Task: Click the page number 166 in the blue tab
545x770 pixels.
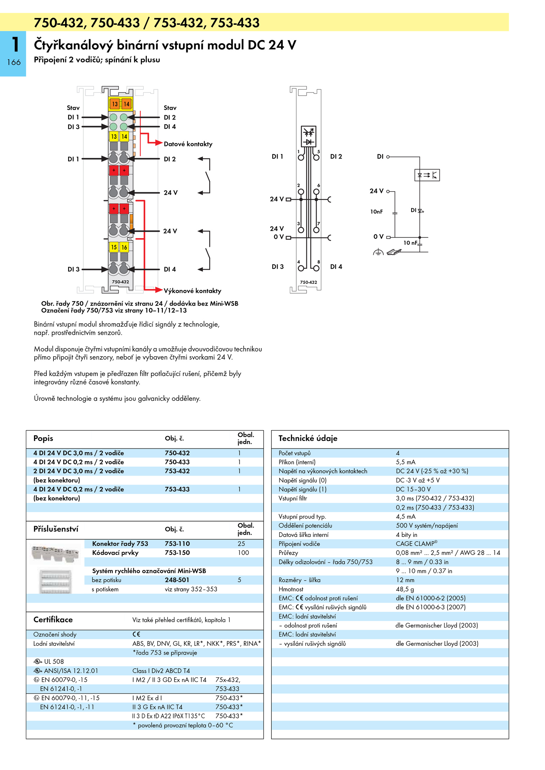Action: pyautogui.click(x=14, y=62)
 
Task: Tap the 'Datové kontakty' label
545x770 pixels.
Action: pyautogui.click(x=188, y=144)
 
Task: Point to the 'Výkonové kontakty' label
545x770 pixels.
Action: pyautogui.click(x=192, y=291)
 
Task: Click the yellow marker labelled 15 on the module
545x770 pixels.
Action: pyautogui.click(x=114, y=247)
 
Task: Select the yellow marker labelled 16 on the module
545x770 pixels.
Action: pyautogui.click(x=124, y=247)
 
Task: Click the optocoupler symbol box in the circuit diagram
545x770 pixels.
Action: pyautogui.click(x=427, y=175)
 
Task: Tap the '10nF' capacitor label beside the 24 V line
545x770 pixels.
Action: pyautogui.click(x=376, y=212)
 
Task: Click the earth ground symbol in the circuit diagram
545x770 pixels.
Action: pyautogui.click(x=378, y=252)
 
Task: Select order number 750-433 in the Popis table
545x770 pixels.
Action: pyautogui.click(x=177, y=462)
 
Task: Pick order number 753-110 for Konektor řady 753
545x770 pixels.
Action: pyautogui.click(x=177, y=544)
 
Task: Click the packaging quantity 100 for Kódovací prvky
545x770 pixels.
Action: pyautogui.click(x=243, y=553)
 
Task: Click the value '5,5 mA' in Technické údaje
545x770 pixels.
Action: pyautogui.click(x=405, y=462)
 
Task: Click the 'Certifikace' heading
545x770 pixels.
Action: pyautogui.click(x=53, y=620)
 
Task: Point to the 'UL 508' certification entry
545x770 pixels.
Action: pyautogui.click(x=49, y=662)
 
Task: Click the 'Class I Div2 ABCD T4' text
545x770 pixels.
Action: pyautogui.click(x=161, y=671)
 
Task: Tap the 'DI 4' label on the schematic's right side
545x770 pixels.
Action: pyautogui.click(x=336, y=267)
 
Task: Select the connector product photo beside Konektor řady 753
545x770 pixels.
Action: pyautogui.click(x=55, y=553)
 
